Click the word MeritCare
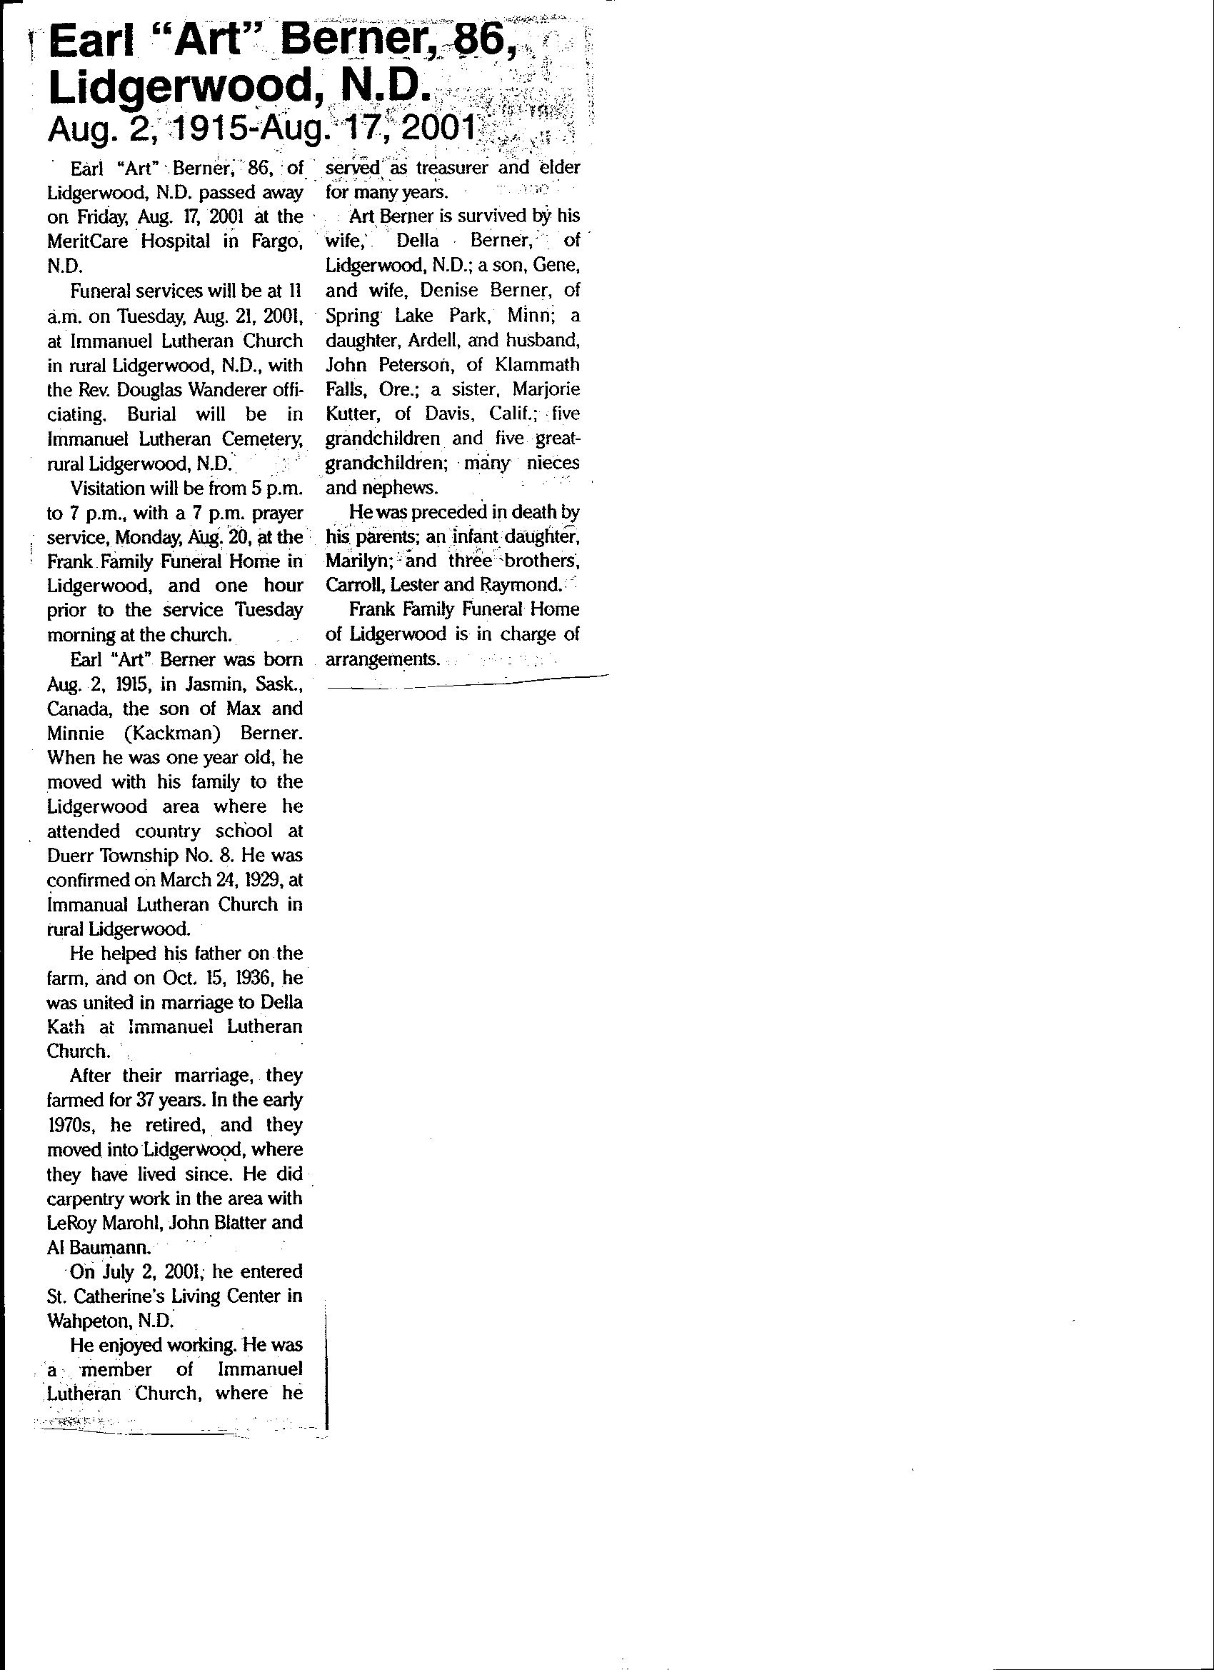85,241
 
